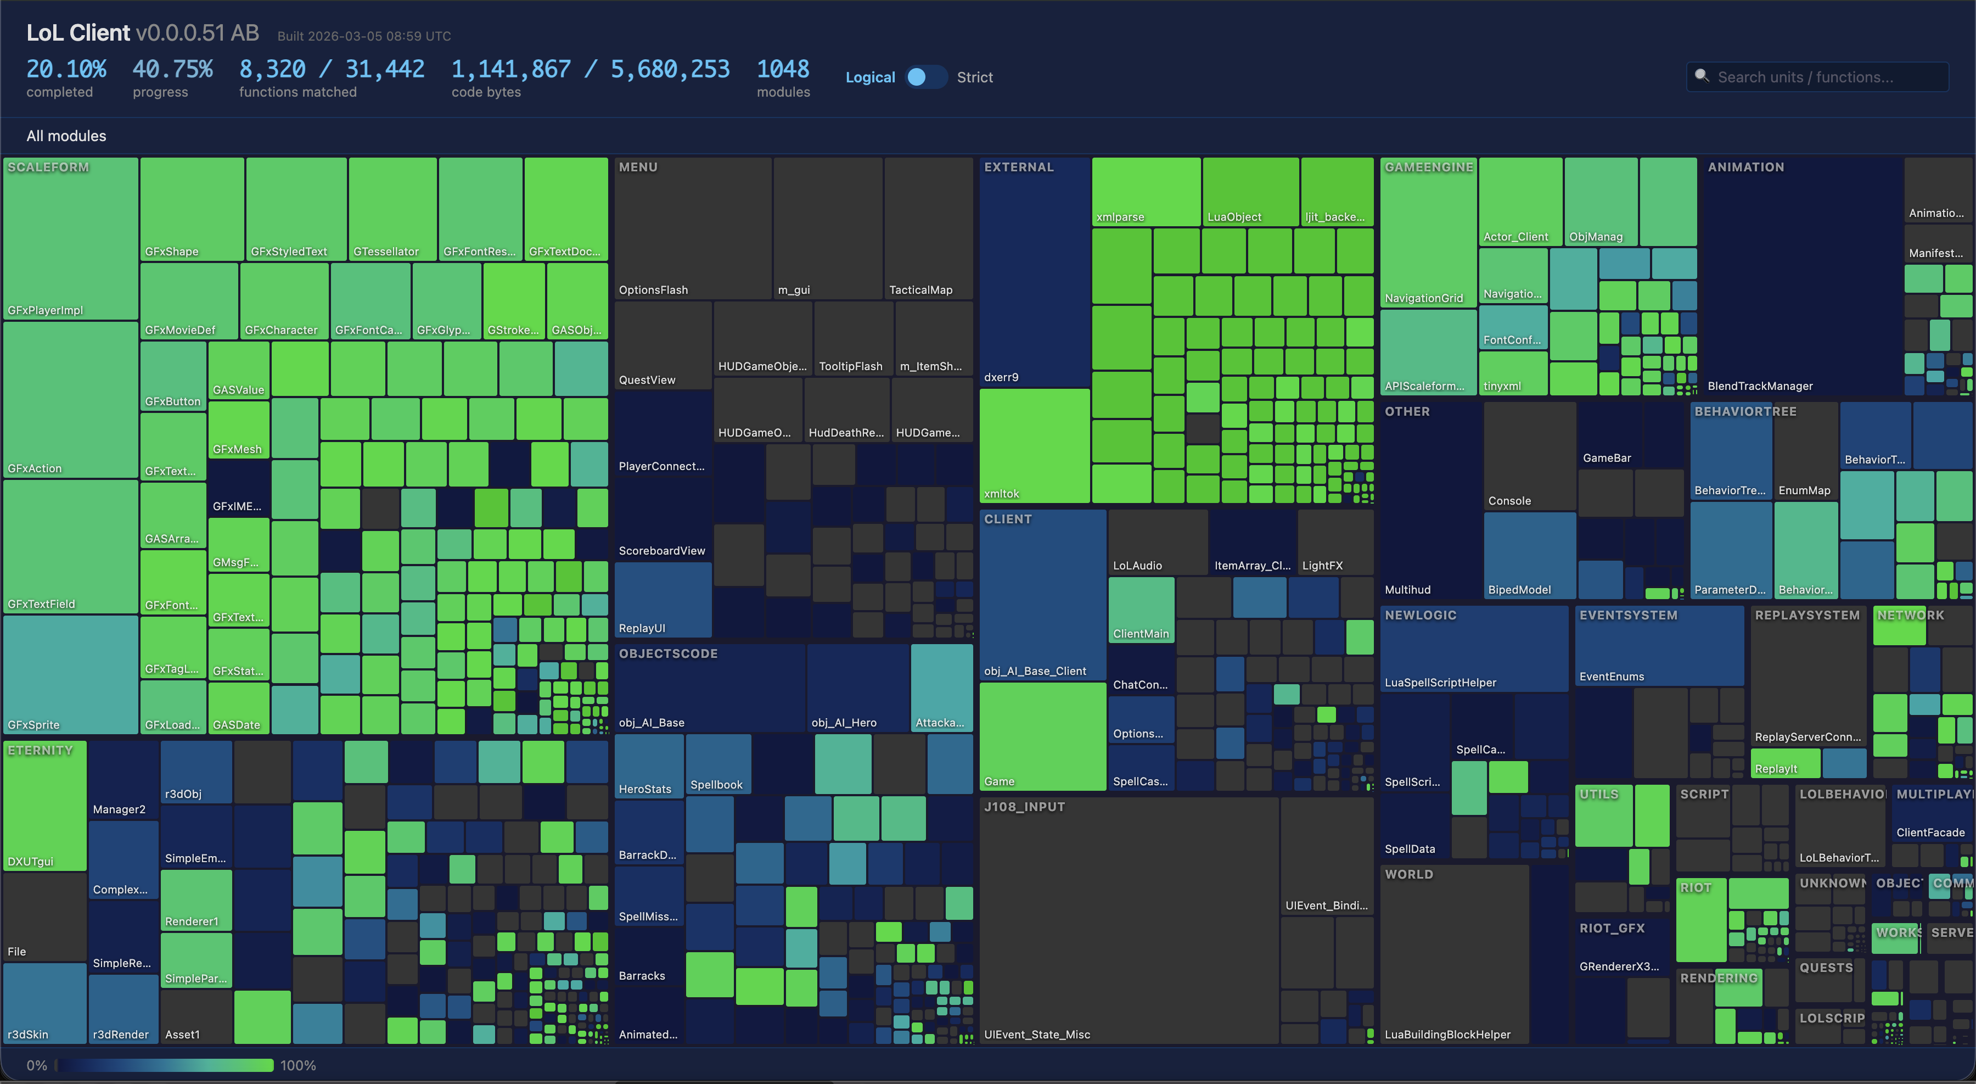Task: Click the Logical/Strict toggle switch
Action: click(x=926, y=77)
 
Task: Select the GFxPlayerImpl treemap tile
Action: click(x=71, y=238)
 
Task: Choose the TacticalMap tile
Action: click(x=928, y=228)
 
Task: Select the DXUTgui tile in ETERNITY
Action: click(x=45, y=806)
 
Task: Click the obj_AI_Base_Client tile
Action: click(x=1042, y=595)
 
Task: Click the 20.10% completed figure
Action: click(x=66, y=70)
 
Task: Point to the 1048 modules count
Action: click(x=782, y=70)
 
